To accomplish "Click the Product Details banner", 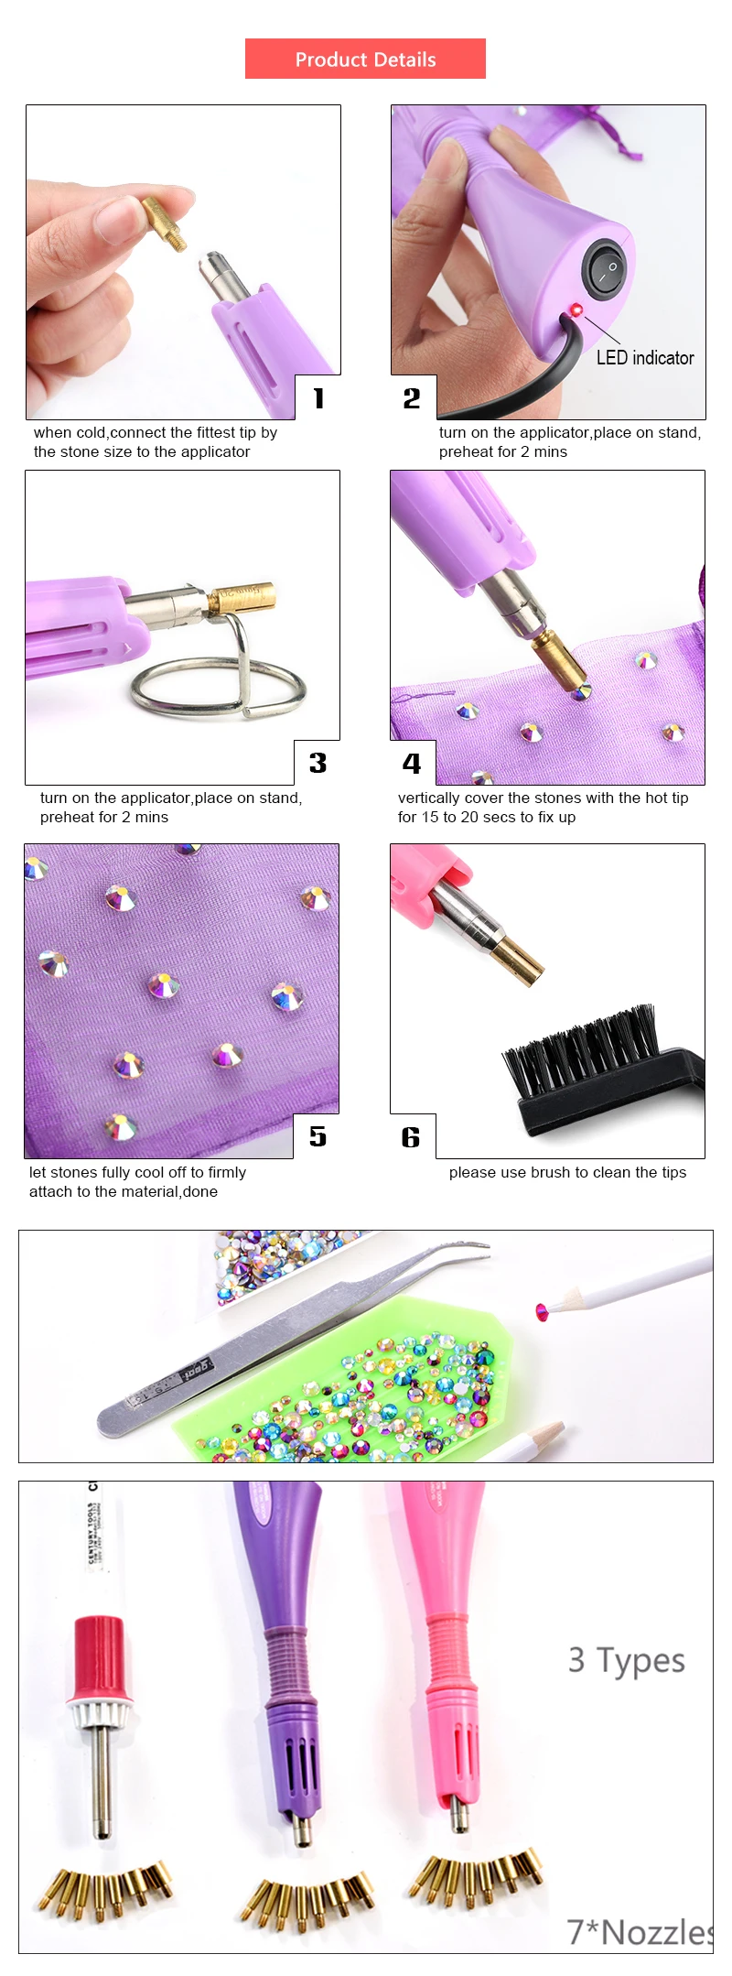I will point(365,59).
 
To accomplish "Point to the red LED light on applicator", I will point(576,310).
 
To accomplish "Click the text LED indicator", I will point(645,358).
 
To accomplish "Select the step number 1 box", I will point(318,397).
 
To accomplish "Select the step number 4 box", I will point(413,763).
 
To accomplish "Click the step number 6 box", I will point(412,1136).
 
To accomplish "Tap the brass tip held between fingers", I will point(166,223).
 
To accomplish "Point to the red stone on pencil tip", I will point(542,1312).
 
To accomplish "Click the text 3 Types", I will point(626,1660).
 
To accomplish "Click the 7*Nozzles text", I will point(639,1931).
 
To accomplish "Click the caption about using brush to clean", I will point(567,1172).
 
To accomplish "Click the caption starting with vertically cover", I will point(543,807).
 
